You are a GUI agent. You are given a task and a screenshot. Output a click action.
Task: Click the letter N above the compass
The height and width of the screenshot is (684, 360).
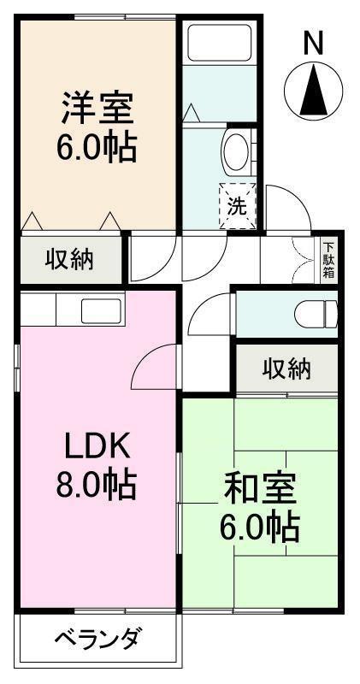tap(313, 43)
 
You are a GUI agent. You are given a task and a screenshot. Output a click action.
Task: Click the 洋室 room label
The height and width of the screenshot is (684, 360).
tap(97, 109)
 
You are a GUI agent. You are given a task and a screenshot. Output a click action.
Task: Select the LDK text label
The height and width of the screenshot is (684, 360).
tap(97, 445)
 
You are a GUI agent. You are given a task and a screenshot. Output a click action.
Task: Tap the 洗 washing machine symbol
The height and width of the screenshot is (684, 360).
tap(238, 206)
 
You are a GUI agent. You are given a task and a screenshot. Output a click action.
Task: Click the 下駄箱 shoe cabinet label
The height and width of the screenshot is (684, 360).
tap(328, 260)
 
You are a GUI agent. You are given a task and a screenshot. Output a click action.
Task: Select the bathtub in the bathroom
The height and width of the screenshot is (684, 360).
tap(220, 42)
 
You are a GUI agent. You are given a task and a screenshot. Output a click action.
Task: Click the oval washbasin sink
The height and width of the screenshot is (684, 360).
tap(236, 151)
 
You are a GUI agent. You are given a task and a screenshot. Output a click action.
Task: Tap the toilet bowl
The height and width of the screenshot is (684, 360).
tap(314, 314)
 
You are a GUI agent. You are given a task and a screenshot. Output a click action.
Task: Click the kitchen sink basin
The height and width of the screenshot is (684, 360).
tap(101, 311)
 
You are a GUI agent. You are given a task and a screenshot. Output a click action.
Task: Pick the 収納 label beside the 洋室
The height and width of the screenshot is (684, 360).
tap(70, 260)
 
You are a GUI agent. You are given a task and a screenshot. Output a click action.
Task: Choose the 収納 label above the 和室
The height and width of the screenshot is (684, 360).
tap(286, 370)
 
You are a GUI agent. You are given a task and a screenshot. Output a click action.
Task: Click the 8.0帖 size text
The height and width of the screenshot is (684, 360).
tap(97, 483)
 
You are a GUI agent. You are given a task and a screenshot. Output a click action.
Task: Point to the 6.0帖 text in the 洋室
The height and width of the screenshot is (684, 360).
tap(97, 147)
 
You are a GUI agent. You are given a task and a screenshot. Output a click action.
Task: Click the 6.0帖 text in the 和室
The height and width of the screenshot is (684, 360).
tap(260, 528)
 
